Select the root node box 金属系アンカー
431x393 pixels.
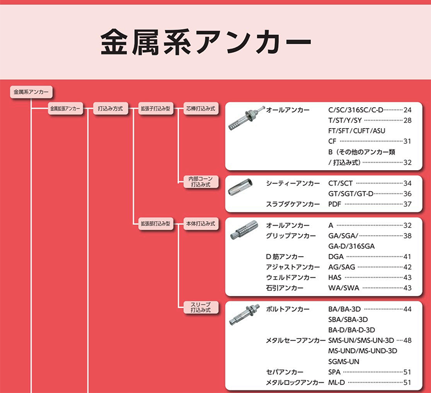[31, 92]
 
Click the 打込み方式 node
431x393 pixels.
[110, 108]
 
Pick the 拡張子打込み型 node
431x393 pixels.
[155, 108]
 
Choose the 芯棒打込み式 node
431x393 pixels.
[200, 108]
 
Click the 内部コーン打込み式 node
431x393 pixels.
[200, 181]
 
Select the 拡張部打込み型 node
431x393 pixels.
[155, 223]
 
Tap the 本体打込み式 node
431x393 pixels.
[200, 223]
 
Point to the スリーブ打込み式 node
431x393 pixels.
[200, 307]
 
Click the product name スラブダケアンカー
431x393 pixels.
[291, 205]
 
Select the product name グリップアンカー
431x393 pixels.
[291, 236]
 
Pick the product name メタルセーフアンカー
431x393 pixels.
[296, 341]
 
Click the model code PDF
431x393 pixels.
[336, 205]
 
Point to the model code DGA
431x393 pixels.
[336, 257]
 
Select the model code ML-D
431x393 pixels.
[337, 383]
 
